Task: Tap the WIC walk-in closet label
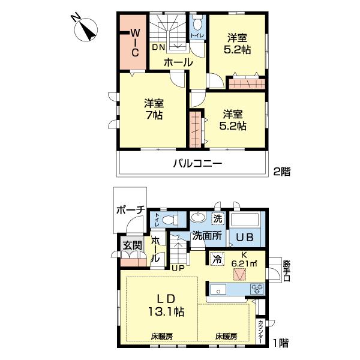pos(135,41)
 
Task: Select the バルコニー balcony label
pos(198,163)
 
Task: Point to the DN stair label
pos(158,47)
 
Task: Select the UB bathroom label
pos(245,237)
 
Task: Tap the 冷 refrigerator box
pos(216,260)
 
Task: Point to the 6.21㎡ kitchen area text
pos(245,262)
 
